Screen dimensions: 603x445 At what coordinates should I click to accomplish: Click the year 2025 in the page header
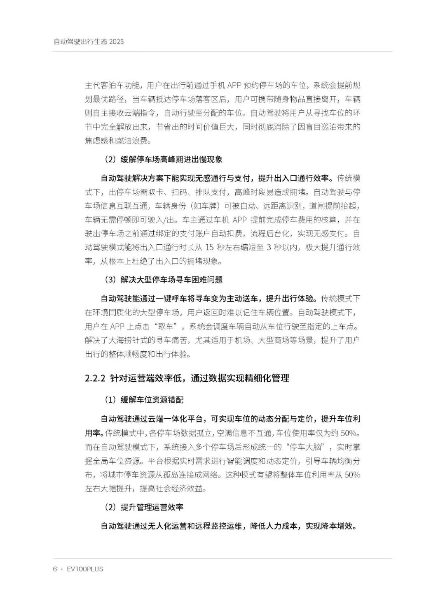(117, 42)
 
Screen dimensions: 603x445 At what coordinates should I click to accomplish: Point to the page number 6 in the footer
(54, 569)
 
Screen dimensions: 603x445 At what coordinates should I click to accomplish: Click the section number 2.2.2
(95, 378)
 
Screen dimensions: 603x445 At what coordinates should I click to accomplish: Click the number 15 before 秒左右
(209, 247)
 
